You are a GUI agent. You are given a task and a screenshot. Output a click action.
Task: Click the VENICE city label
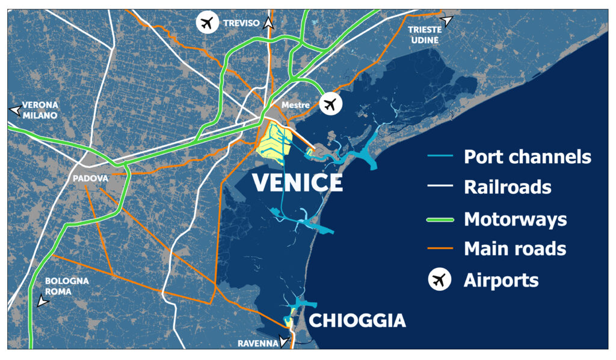tap(297, 182)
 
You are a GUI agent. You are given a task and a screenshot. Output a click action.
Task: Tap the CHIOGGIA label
tap(357, 320)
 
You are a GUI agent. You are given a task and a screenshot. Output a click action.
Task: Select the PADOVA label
tap(90, 179)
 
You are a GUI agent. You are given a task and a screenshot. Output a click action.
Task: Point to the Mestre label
tap(295, 105)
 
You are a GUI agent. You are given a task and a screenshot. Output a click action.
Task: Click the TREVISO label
tap(241, 23)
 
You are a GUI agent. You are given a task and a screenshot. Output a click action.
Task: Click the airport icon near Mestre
tap(330, 104)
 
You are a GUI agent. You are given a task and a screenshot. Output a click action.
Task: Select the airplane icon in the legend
tap(440, 280)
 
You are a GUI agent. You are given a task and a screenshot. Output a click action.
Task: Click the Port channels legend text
tap(528, 157)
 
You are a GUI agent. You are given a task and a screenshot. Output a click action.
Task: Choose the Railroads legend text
tap(507, 187)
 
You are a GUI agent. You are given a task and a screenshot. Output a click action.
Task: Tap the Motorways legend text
tap(515, 219)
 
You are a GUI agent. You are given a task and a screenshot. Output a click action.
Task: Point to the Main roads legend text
tap(515, 249)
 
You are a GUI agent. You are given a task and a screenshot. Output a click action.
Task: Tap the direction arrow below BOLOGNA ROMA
tap(42, 301)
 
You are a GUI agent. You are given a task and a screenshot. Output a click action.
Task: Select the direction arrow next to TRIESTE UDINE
tap(446, 21)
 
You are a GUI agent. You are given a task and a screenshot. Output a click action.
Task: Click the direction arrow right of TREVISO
tap(269, 24)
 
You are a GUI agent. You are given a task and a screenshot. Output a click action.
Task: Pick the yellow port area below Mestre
tap(274, 143)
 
